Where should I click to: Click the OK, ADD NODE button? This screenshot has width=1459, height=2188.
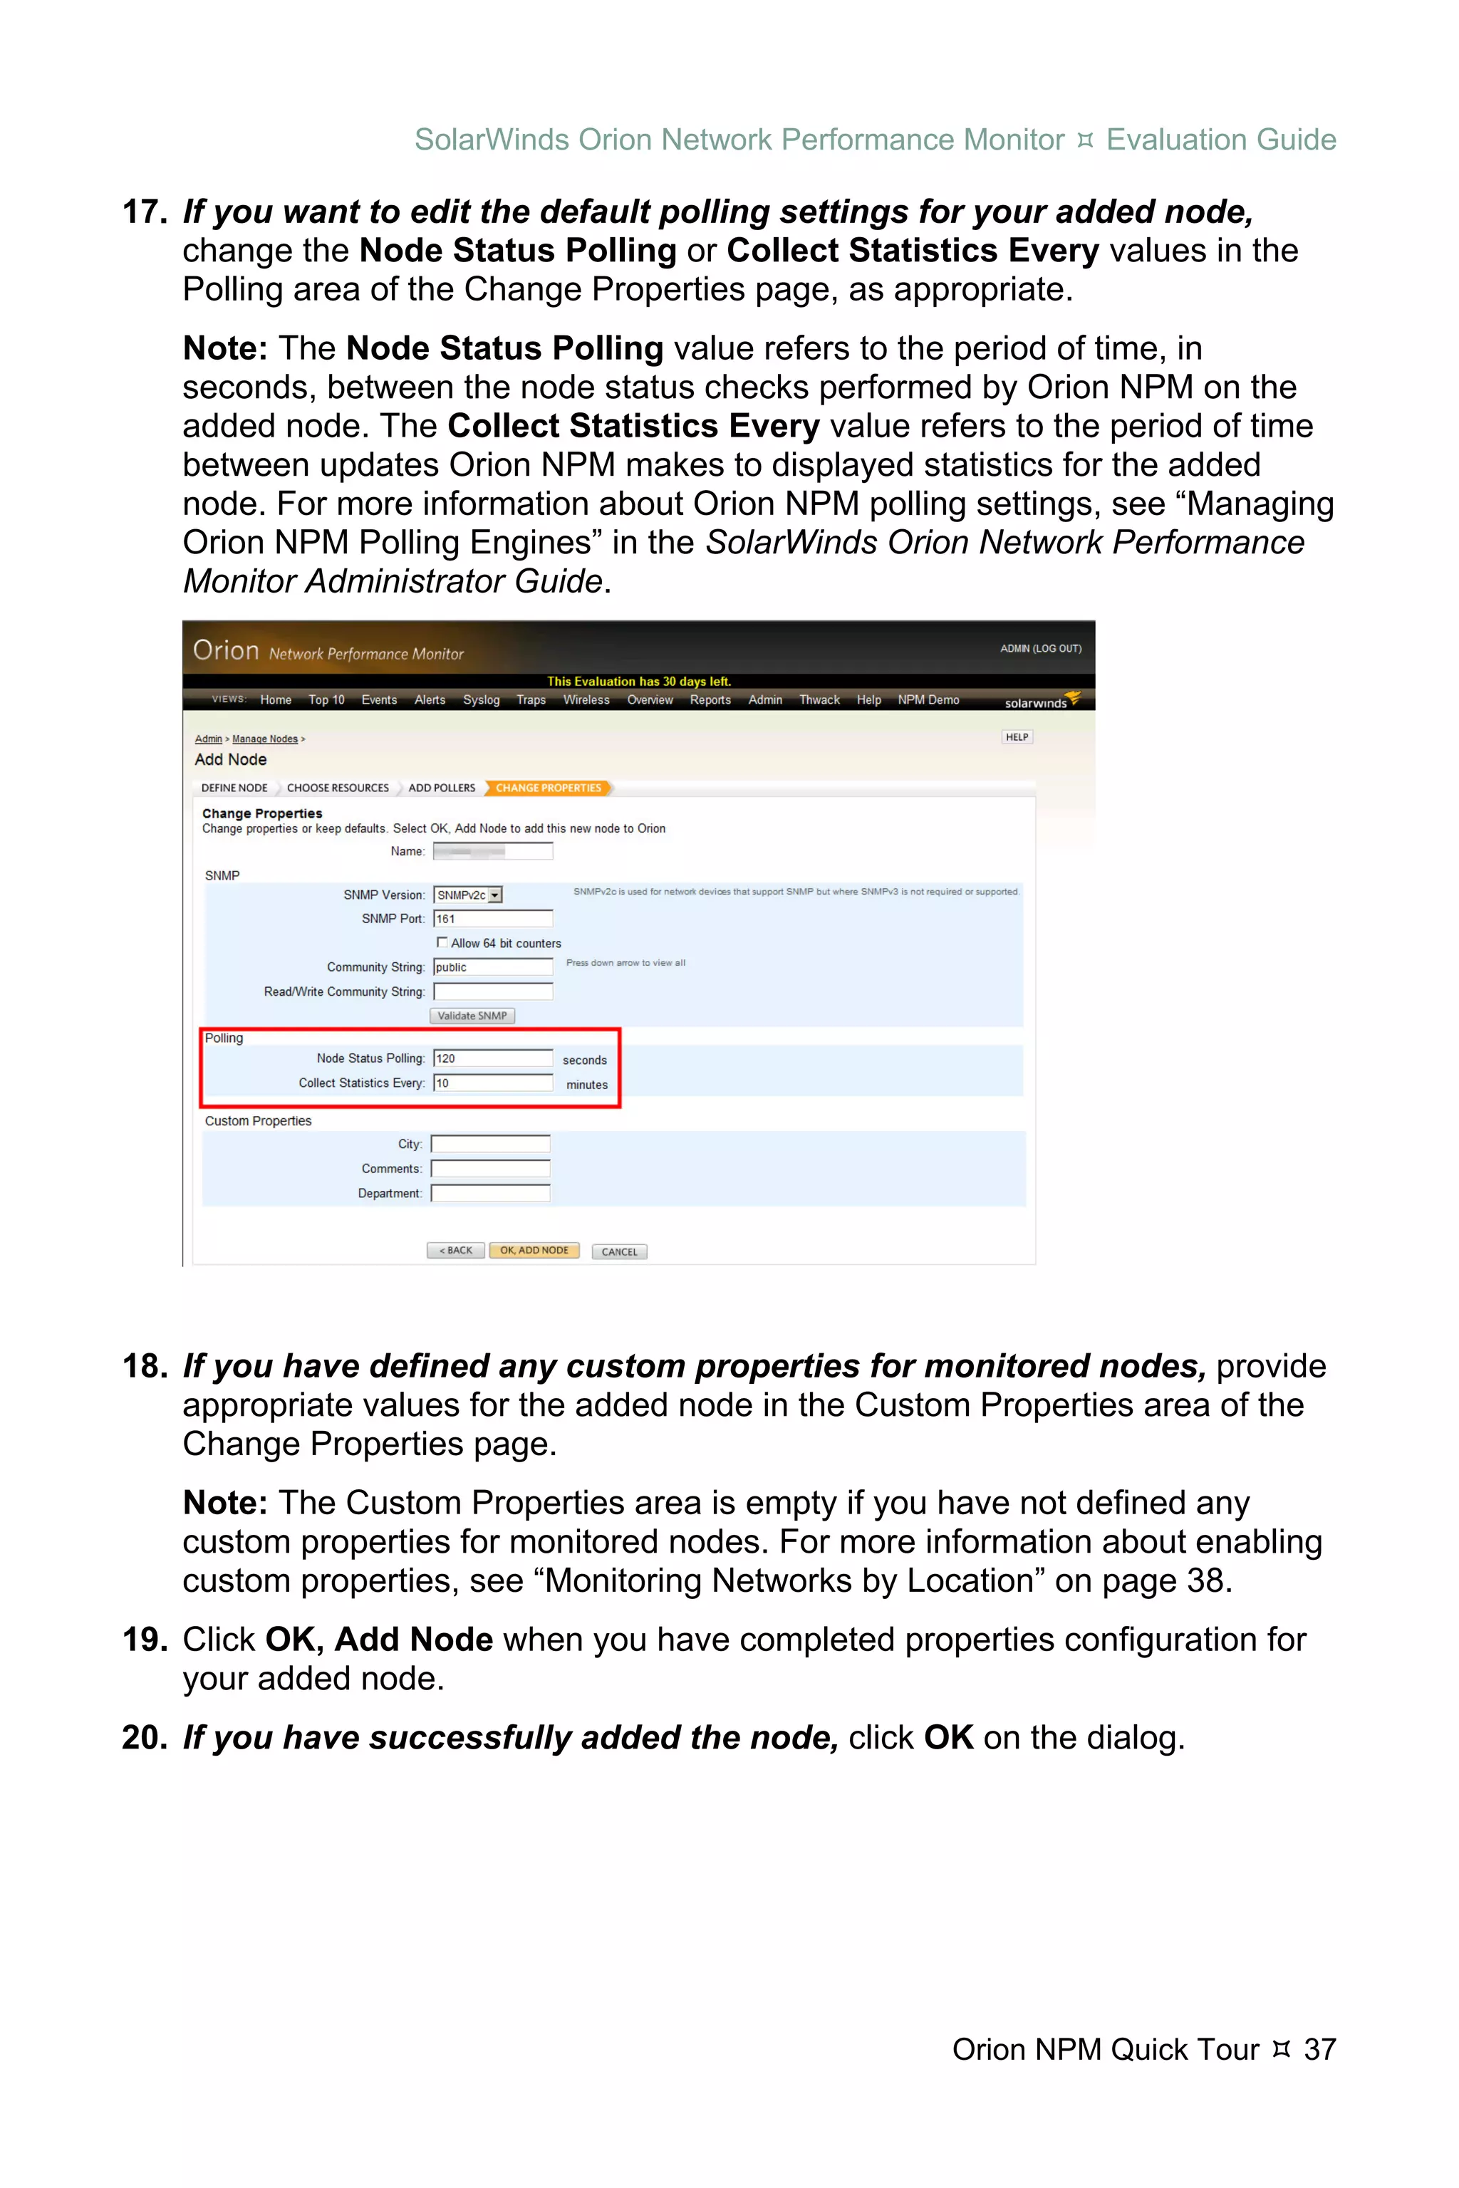pos(534,1250)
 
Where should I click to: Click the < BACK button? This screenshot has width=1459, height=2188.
pos(455,1250)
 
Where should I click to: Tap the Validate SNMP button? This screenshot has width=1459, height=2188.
pos(472,1016)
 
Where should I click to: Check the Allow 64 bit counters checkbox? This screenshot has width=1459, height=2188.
pos(442,942)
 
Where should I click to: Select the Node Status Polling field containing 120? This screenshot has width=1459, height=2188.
pos(493,1058)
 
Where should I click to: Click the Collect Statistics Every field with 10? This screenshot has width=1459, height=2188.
pos(493,1083)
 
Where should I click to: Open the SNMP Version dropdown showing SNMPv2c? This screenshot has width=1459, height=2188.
pos(468,895)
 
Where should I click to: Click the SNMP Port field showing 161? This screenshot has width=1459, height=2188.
pos(493,919)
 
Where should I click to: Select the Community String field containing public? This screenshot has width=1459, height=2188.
pos(493,967)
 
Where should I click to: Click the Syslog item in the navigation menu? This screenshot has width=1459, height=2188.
pos(481,699)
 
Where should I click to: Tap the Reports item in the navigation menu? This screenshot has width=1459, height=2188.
pos(710,699)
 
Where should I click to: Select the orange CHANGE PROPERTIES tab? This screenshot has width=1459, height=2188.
pos(548,788)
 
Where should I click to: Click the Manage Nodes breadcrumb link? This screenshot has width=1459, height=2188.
pos(265,739)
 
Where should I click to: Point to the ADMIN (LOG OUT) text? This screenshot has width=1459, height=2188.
pos(1040,648)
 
